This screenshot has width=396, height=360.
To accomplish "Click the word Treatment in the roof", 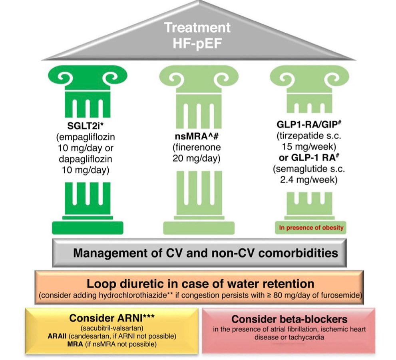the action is pos(197,28).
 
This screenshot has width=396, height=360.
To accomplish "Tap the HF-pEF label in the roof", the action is pos(197,44).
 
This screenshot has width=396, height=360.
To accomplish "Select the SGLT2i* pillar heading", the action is pos(86,126).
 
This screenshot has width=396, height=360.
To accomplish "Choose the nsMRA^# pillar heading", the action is pos(197,136).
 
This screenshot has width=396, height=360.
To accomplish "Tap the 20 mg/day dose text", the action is pos(197,158).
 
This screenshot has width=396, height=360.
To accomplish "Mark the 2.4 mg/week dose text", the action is pos(308,180).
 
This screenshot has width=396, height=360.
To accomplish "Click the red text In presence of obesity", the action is pos(311,228).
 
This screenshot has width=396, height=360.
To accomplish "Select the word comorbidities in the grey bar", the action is pos(298,253).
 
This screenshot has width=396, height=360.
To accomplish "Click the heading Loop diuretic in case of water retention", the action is pos(201,284).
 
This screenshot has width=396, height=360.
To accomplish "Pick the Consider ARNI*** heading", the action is pos(112,318).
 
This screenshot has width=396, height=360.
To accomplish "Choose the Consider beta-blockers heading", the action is pos(289,319).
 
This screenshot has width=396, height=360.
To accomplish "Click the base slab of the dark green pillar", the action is pos(88,228).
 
